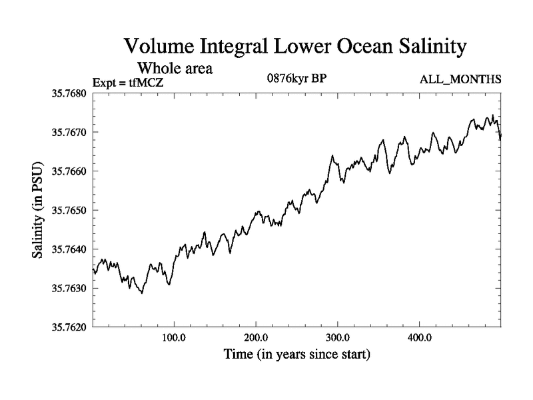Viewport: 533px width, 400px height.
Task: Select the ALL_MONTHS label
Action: (460, 80)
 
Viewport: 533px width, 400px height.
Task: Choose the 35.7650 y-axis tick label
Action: (69, 210)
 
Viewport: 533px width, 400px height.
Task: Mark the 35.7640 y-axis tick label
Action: (69, 249)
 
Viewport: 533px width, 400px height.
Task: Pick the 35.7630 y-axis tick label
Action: (69, 288)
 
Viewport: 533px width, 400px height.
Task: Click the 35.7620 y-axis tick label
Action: (69, 327)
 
